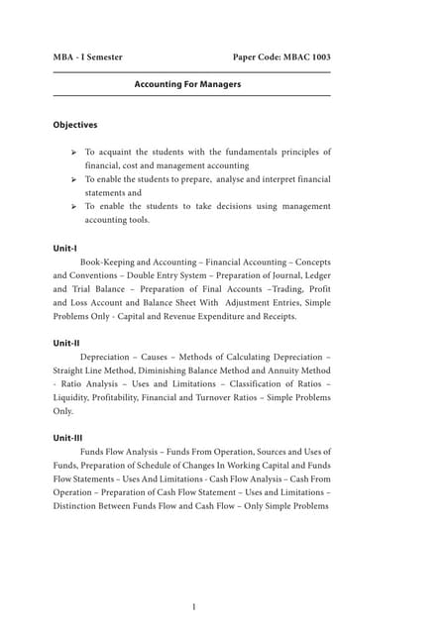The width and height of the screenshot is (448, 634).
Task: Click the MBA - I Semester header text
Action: click(88, 57)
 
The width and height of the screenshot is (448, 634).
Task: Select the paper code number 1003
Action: click(315, 57)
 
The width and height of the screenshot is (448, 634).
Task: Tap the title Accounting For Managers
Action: click(187, 85)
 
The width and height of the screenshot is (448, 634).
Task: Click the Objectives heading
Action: click(75, 126)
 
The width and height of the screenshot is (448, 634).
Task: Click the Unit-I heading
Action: click(64, 247)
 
